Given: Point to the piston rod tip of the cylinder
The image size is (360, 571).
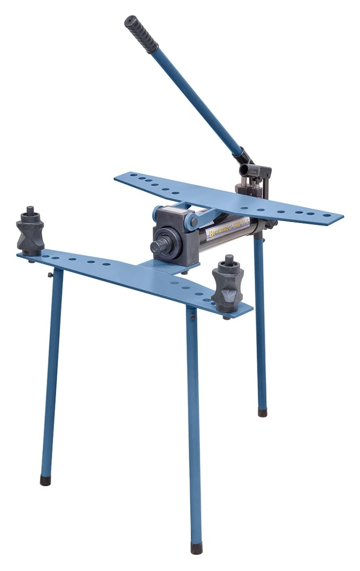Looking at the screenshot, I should click(155, 246).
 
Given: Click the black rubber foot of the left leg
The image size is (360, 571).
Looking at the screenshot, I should click(45, 480).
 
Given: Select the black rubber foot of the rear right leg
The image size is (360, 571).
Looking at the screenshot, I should click(262, 412).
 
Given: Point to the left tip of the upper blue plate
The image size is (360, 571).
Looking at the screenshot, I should click(118, 178).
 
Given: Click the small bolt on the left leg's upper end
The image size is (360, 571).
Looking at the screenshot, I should click(50, 275).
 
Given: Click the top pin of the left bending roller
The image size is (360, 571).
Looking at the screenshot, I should click(30, 210).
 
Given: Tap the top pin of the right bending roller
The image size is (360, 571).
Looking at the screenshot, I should click(228, 260).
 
